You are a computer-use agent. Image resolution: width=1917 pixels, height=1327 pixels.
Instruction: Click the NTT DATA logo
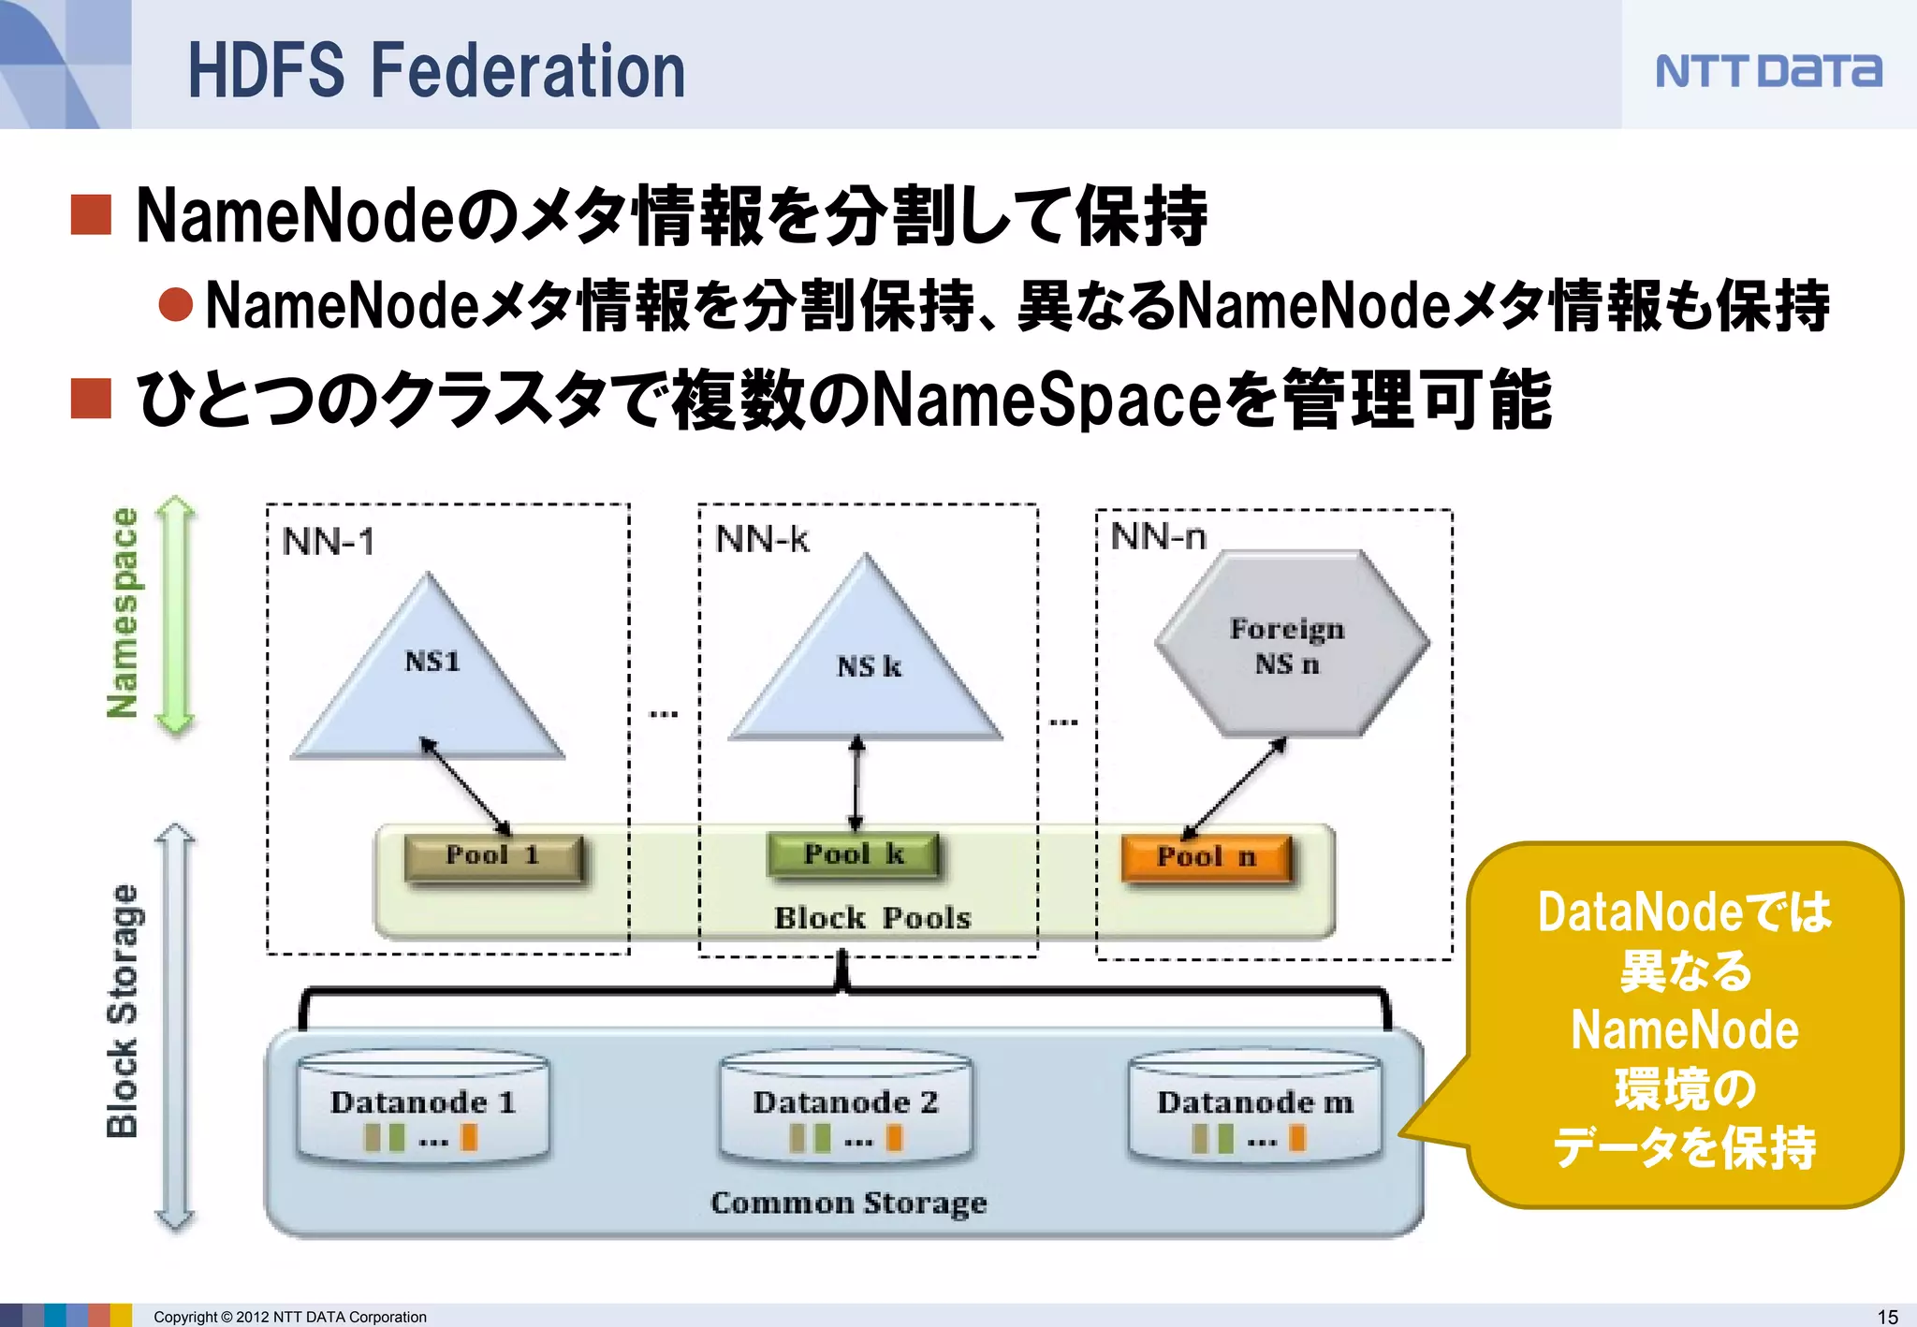1767,71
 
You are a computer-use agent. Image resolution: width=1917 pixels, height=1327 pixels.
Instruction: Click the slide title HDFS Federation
436,71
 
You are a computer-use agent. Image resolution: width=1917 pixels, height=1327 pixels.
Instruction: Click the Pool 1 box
493,856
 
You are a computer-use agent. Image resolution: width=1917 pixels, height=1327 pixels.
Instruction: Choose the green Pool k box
853,854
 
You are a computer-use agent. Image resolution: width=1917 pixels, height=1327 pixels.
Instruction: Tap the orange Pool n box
1206,857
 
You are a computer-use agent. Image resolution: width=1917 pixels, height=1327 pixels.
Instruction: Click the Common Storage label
848,1203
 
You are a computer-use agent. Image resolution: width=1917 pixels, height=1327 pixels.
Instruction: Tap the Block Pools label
872,918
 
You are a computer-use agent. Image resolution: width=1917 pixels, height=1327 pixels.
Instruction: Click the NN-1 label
329,542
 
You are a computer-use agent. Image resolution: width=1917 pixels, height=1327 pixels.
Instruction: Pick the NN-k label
762,540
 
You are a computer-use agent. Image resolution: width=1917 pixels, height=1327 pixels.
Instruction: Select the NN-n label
1158,537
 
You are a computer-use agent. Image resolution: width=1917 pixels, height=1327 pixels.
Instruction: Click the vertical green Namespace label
124,613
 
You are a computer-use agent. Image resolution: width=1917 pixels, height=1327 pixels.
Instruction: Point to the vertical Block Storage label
123,1011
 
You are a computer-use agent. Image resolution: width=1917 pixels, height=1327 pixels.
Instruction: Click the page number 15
1887,1316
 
